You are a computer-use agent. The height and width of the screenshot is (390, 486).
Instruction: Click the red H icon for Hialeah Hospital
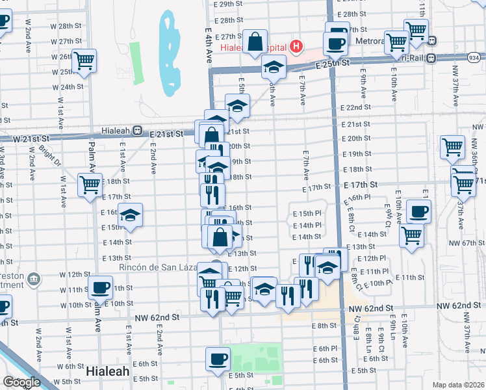tap(296, 46)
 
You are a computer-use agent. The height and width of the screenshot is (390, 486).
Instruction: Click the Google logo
tap(21, 382)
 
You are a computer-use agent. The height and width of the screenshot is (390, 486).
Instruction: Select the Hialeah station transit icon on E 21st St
tap(137, 130)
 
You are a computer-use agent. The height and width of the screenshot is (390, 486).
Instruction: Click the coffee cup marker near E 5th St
tap(218, 357)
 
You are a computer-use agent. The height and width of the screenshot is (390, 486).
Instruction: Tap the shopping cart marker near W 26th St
tap(84, 60)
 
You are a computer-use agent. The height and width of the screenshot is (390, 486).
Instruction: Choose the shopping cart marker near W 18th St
tap(90, 184)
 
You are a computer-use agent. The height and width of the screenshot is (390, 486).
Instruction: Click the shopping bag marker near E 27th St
tap(256, 41)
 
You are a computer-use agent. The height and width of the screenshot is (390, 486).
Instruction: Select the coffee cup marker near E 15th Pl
tap(418, 211)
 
